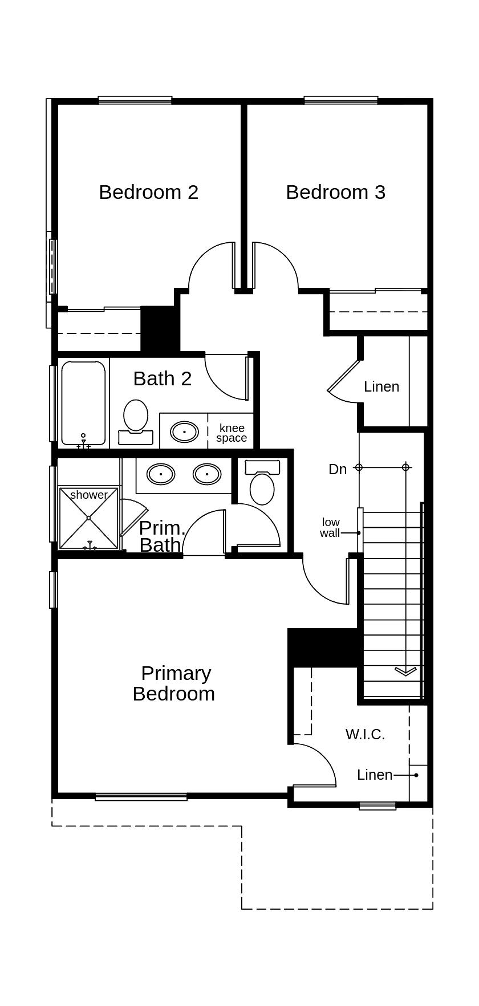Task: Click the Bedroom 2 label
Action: [148, 192]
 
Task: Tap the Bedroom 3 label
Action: [335, 192]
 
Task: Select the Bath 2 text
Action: [162, 378]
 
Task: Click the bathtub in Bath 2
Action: [83, 402]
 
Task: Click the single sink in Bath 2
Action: [184, 431]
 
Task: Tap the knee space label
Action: [232, 433]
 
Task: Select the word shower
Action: [88, 495]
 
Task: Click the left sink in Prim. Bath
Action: [161, 474]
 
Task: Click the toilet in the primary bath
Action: [262, 484]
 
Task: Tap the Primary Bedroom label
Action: [174, 683]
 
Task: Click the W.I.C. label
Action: [365, 734]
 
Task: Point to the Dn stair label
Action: [338, 469]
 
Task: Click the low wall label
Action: [330, 528]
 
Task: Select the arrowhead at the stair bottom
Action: [405, 671]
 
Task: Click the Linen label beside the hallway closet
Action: [381, 386]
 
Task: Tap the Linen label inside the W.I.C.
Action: [375, 775]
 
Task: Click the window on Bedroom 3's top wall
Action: [341, 100]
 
